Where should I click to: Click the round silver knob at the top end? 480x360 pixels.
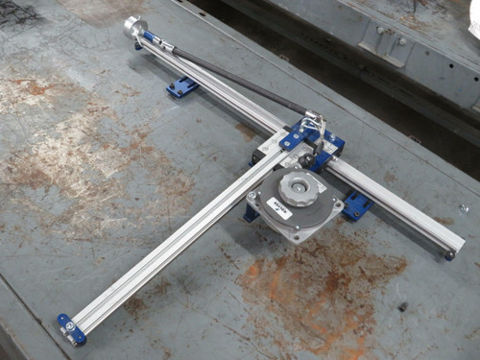[x=132, y=26]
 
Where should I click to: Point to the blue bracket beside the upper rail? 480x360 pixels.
[x=181, y=87]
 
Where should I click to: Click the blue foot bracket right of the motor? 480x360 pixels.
[x=358, y=204]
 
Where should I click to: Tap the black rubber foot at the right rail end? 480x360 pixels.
[x=449, y=254]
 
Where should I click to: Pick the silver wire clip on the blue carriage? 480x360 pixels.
[x=313, y=125]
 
